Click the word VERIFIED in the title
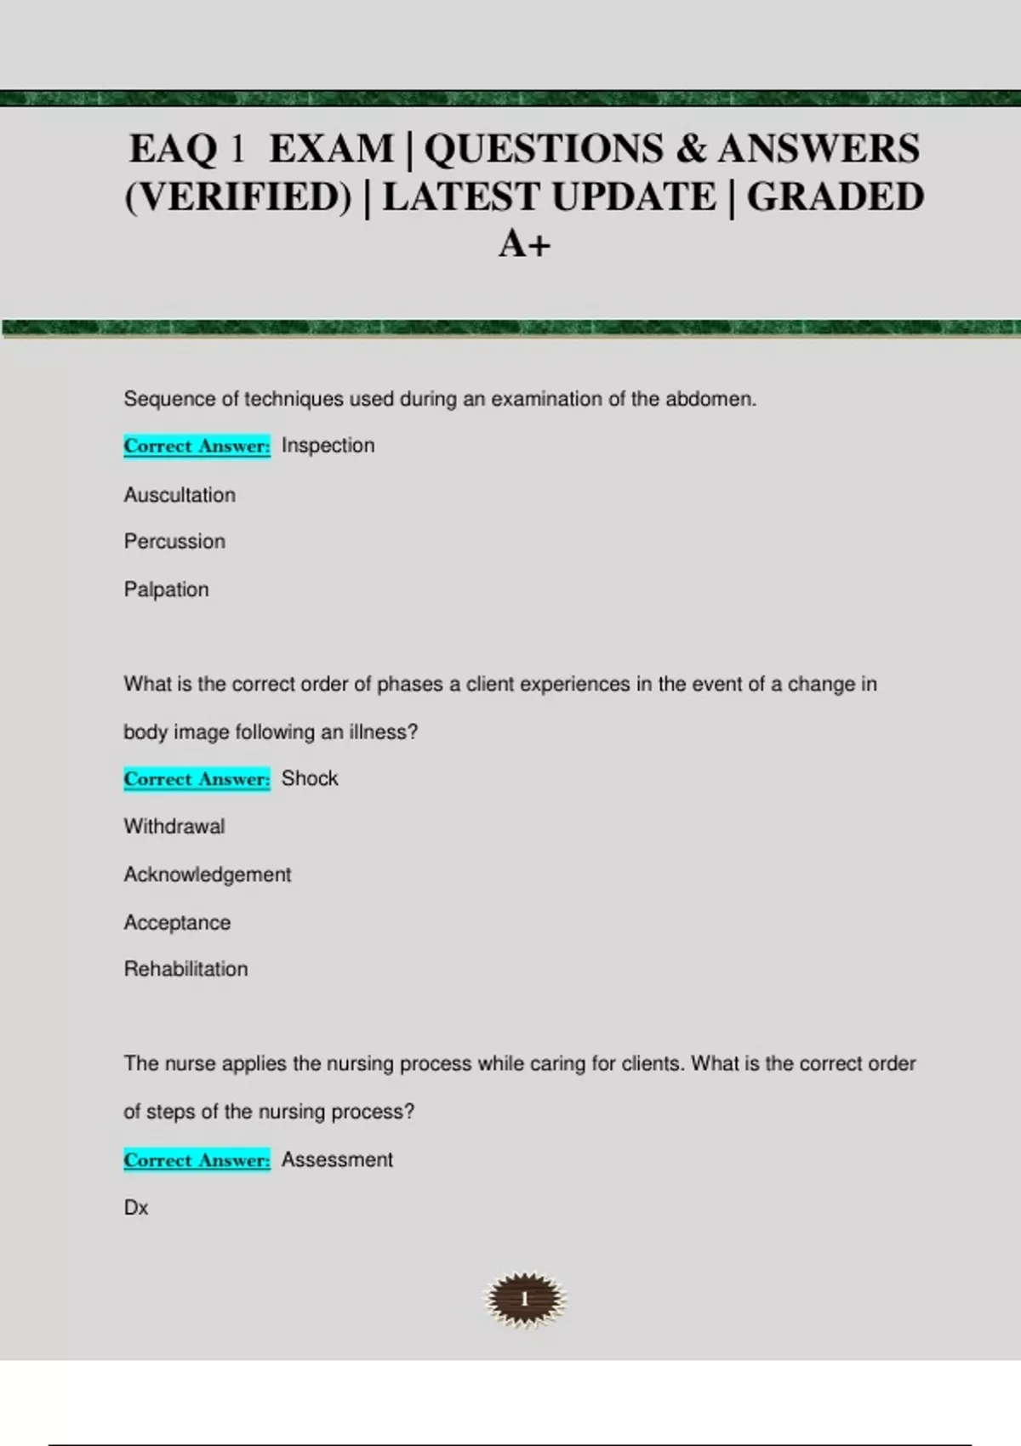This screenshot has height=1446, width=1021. click(x=238, y=197)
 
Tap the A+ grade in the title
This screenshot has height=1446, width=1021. click(x=524, y=245)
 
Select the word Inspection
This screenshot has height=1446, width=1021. click(x=328, y=446)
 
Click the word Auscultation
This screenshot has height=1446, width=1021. click(x=180, y=495)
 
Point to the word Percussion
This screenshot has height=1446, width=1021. click(x=174, y=542)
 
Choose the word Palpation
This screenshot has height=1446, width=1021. click(x=166, y=589)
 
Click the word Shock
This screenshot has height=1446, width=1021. click(x=310, y=778)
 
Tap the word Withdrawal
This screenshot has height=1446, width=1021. click(x=174, y=827)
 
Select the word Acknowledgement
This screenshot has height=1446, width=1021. click(x=208, y=874)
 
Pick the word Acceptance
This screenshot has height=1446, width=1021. click(x=177, y=923)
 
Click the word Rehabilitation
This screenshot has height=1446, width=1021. click(x=185, y=969)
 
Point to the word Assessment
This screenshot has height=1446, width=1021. click(x=337, y=1160)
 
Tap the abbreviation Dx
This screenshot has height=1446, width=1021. click(x=136, y=1208)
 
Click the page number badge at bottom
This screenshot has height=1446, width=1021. click(x=525, y=1299)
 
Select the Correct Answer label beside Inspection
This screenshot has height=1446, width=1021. click(x=197, y=446)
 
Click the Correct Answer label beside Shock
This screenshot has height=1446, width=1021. click(x=197, y=779)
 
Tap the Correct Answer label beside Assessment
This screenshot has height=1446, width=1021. click(x=197, y=1160)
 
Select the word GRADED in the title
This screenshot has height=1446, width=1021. click(x=836, y=197)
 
